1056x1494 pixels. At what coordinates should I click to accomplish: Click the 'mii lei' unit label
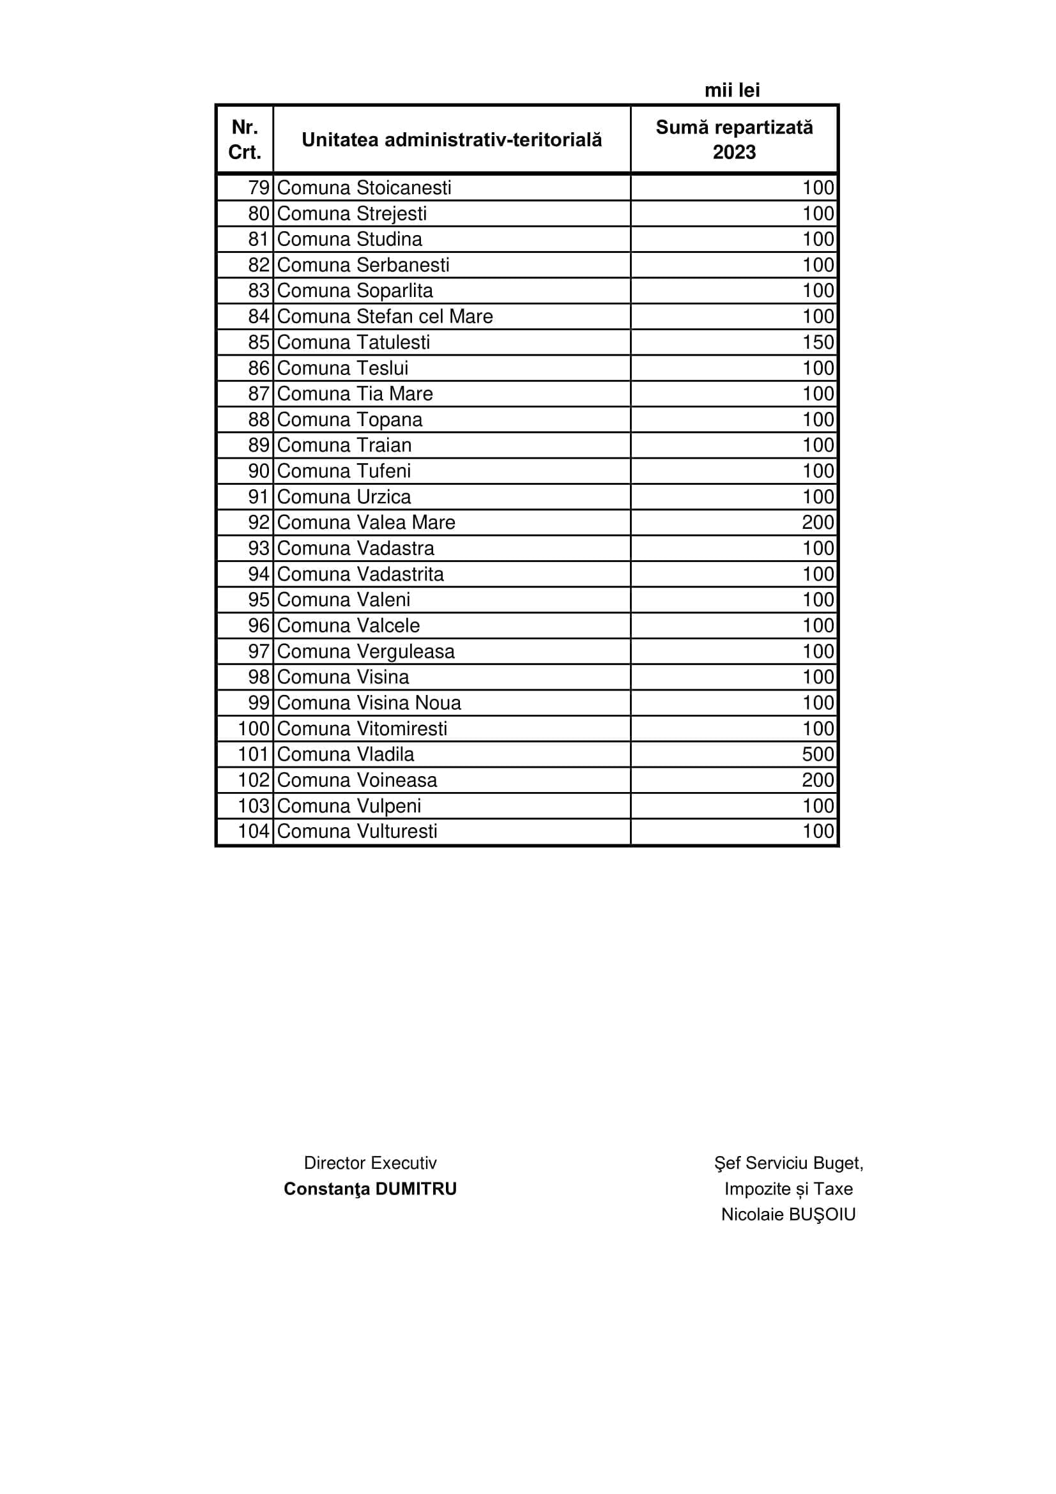[732, 90]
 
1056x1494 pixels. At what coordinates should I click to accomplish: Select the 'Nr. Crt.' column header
[245, 139]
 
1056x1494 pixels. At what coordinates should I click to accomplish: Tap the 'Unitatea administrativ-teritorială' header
[452, 139]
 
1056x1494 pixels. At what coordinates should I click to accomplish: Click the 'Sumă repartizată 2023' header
[734, 139]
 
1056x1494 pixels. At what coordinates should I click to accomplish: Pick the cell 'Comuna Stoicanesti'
[363, 187]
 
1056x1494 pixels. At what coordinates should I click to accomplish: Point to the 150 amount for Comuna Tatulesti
[817, 342]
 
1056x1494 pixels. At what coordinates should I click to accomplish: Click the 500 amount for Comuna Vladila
[817, 754]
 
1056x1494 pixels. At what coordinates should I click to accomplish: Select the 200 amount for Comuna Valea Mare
[817, 522]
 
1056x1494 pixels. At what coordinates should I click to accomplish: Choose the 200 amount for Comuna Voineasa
[817, 779]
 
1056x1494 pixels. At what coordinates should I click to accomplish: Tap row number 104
[253, 831]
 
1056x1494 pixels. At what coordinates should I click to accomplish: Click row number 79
[258, 187]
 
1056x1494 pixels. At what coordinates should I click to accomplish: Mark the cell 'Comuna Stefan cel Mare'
[385, 316]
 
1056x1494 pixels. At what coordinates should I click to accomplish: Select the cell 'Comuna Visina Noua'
[369, 703]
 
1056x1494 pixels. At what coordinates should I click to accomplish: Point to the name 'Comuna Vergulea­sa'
[365, 652]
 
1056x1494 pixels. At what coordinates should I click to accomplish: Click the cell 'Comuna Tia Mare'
[355, 393]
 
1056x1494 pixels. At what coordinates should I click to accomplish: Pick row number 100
[253, 728]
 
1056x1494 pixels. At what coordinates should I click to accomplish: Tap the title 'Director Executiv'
[371, 1162]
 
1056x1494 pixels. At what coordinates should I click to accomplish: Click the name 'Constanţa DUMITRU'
[371, 1189]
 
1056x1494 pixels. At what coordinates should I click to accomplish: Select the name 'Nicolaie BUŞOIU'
[788, 1214]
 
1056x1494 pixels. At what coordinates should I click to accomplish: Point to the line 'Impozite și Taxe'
[788, 1189]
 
